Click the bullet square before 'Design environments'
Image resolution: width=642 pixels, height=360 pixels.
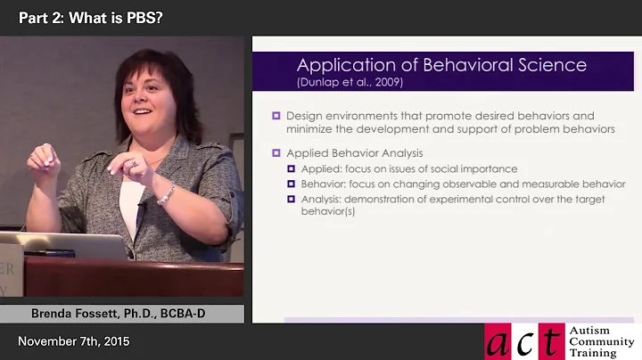click(x=276, y=116)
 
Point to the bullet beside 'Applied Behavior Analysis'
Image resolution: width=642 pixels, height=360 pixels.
click(x=276, y=153)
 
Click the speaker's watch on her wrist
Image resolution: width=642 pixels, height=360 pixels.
click(x=165, y=194)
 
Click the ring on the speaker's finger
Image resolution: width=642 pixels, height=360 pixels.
click(x=134, y=163)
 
